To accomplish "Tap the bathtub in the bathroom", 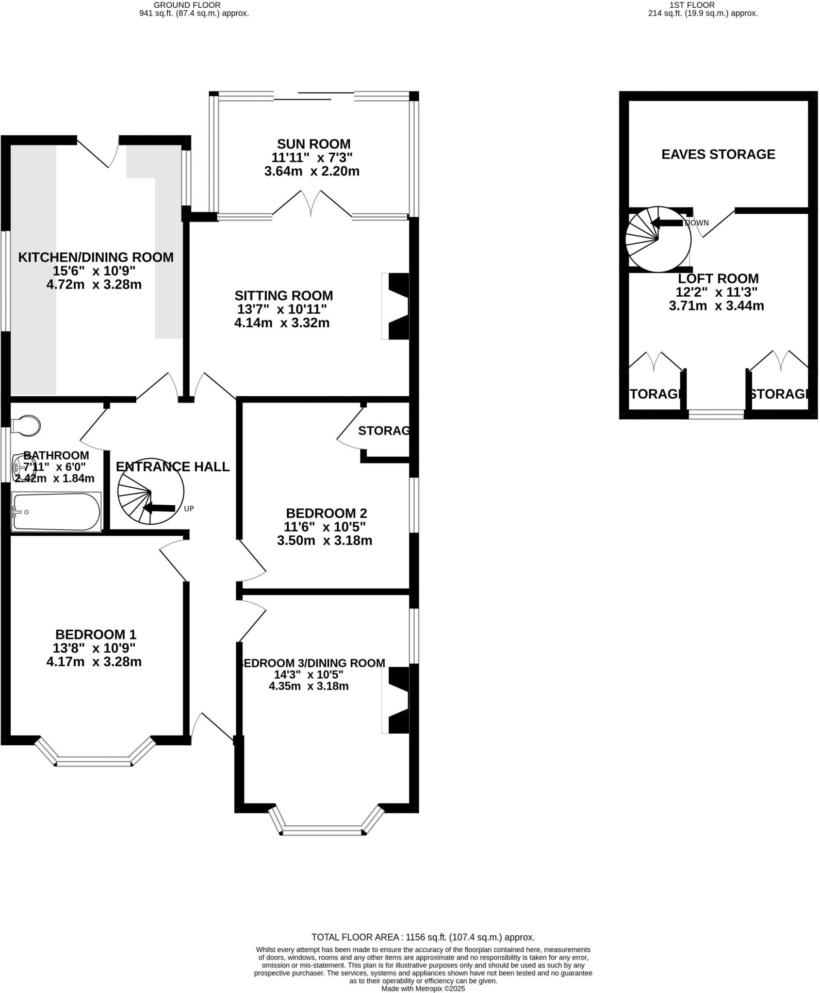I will (x=56, y=512).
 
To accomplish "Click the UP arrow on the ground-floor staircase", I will (x=160, y=508).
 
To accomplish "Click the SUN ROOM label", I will (x=313, y=144).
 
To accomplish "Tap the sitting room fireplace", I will (x=396, y=306).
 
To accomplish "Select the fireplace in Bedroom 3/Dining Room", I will (x=396, y=701).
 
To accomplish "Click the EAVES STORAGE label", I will (x=718, y=154).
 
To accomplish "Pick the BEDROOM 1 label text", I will (x=96, y=634).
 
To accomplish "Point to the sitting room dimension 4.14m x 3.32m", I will (x=281, y=322).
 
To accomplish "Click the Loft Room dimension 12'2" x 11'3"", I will (x=716, y=292).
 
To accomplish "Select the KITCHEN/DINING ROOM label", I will (x=96, y=257).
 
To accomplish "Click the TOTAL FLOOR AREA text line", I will (x=423, y=937).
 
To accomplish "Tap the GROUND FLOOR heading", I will (x=187, y=5).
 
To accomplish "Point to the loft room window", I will (x=716, y=414).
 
